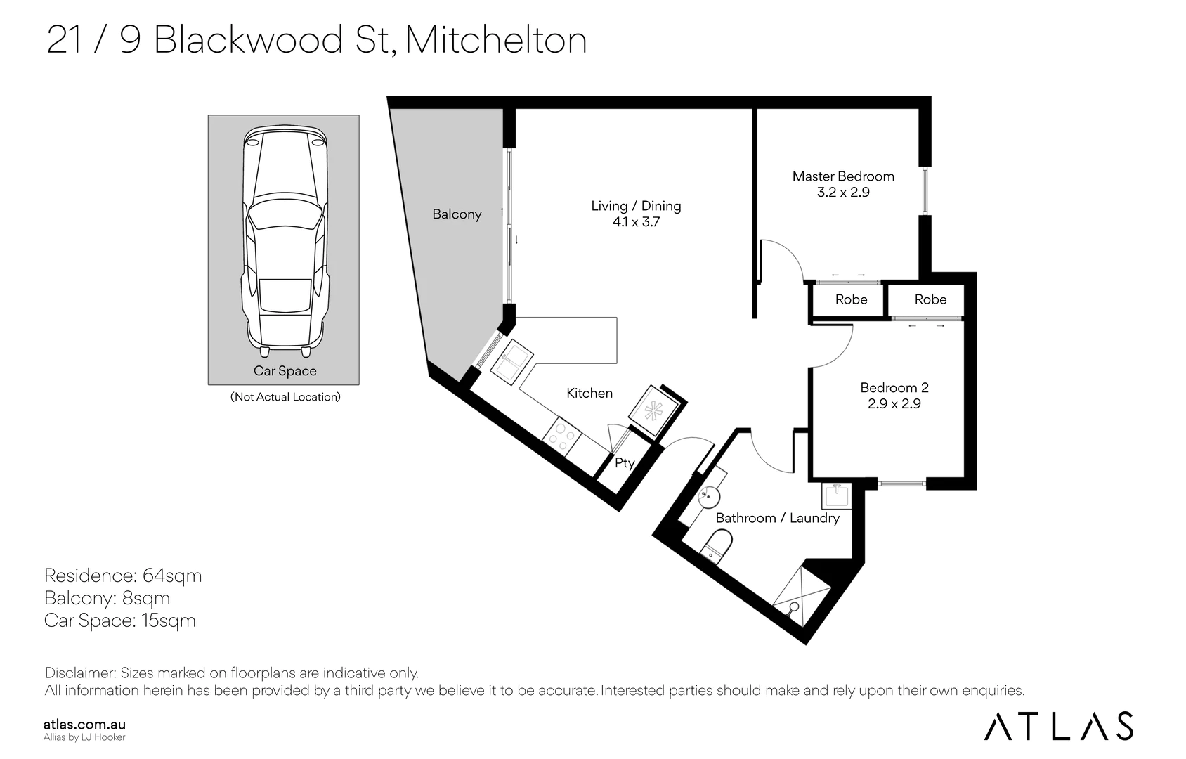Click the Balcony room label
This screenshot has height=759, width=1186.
click(x=457, y=214)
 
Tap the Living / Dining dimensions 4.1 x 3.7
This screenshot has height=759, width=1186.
click(x=636, y=222)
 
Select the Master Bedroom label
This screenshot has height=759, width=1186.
click(x=843, y=176)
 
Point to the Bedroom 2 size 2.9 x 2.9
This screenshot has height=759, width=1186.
click(x=894, y=403)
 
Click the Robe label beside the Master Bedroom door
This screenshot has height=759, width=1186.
click(x=852, y=300)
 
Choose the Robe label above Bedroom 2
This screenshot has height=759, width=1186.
click(x=930, y=300)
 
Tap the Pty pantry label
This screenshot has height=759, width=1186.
click(x=624, y=463)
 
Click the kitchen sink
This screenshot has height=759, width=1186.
click(x=511, y=362)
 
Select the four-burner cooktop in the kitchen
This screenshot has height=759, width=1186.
click(x=562, y=437)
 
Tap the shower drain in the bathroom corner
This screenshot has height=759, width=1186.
click(x=794, y=607)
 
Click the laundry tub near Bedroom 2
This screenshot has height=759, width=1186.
click(x=837, y=495)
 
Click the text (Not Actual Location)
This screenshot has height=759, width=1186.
click(x=285, y=397)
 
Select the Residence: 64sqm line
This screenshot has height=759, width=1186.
click(x=123, y=576)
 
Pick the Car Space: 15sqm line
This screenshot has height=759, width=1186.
click(x=120, y=621)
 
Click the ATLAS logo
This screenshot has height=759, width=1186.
click(x=1058, y=726)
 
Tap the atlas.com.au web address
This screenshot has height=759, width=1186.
click(x=85, y=725)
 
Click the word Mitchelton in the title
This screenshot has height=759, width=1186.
click(x=496, y=41)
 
